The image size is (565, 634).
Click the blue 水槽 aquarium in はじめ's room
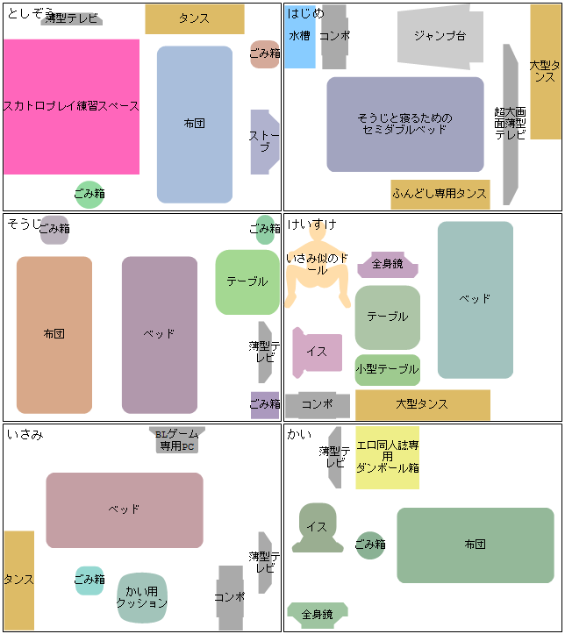tap(299, 37)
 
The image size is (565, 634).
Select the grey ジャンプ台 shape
tap(440, 37)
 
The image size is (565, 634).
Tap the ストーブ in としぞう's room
tap(263, 141)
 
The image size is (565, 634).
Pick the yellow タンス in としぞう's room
tap(194, 18)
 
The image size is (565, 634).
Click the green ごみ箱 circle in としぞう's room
tap(89, 194)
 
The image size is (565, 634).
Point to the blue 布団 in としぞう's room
tap(195, 125)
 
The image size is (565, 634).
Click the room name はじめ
tap(305, 13)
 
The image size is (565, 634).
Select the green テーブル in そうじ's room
tap(247, 281)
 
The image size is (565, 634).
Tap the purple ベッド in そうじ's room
tap(159, 334)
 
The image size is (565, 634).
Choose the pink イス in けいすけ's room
tap(317, 352)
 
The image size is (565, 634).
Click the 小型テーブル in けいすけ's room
tap(387, 369)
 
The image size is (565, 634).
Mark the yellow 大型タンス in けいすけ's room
tap(422, 404)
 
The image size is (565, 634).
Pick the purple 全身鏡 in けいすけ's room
tap(387, 263)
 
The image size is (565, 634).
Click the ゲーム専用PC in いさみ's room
tap(176, 440)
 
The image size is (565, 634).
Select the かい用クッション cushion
tap(141, 597)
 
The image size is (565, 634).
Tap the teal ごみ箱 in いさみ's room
tap(89, 580)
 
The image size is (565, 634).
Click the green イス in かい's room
tap(317, 528)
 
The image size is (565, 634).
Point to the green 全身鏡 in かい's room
tap(317, 614)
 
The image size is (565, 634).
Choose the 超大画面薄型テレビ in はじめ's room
tap(510, 124)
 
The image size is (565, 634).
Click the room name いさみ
tap(25, 434)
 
